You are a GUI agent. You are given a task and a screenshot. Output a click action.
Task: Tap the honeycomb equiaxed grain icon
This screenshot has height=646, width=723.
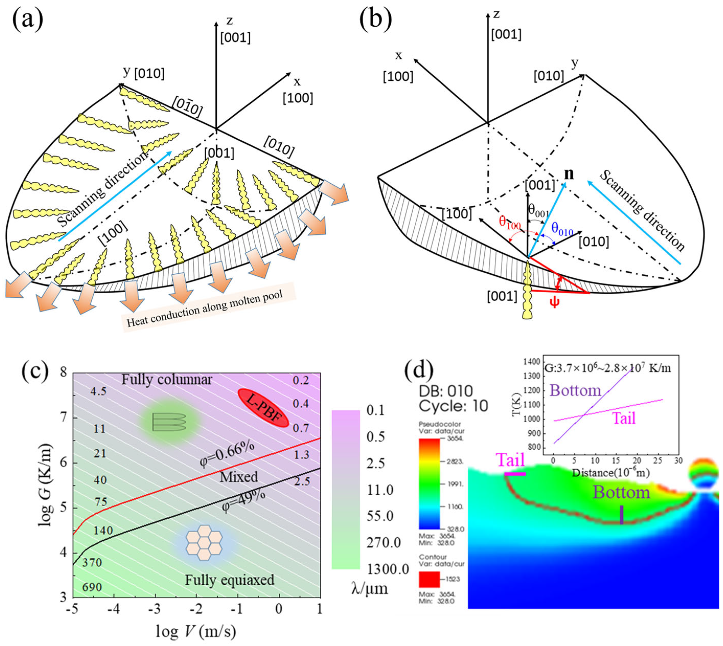pyautogui.click(x=204, y=542)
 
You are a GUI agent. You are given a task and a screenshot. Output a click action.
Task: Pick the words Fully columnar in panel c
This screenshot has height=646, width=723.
pyautogui.click(x=167, y=380)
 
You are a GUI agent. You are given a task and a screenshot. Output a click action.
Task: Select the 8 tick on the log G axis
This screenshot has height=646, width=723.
pyautogui.click(x=63, y=373)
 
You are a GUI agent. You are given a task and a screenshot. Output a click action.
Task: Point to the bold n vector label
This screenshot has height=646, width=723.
pyautogui.click(x=569, y=174)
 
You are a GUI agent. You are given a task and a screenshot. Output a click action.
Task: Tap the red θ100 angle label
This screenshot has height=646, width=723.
pyautogui.click(x=509, y=222)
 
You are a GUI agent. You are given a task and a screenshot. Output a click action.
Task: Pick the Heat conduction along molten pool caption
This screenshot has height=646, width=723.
pyautogui.click(x=205, y=308)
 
